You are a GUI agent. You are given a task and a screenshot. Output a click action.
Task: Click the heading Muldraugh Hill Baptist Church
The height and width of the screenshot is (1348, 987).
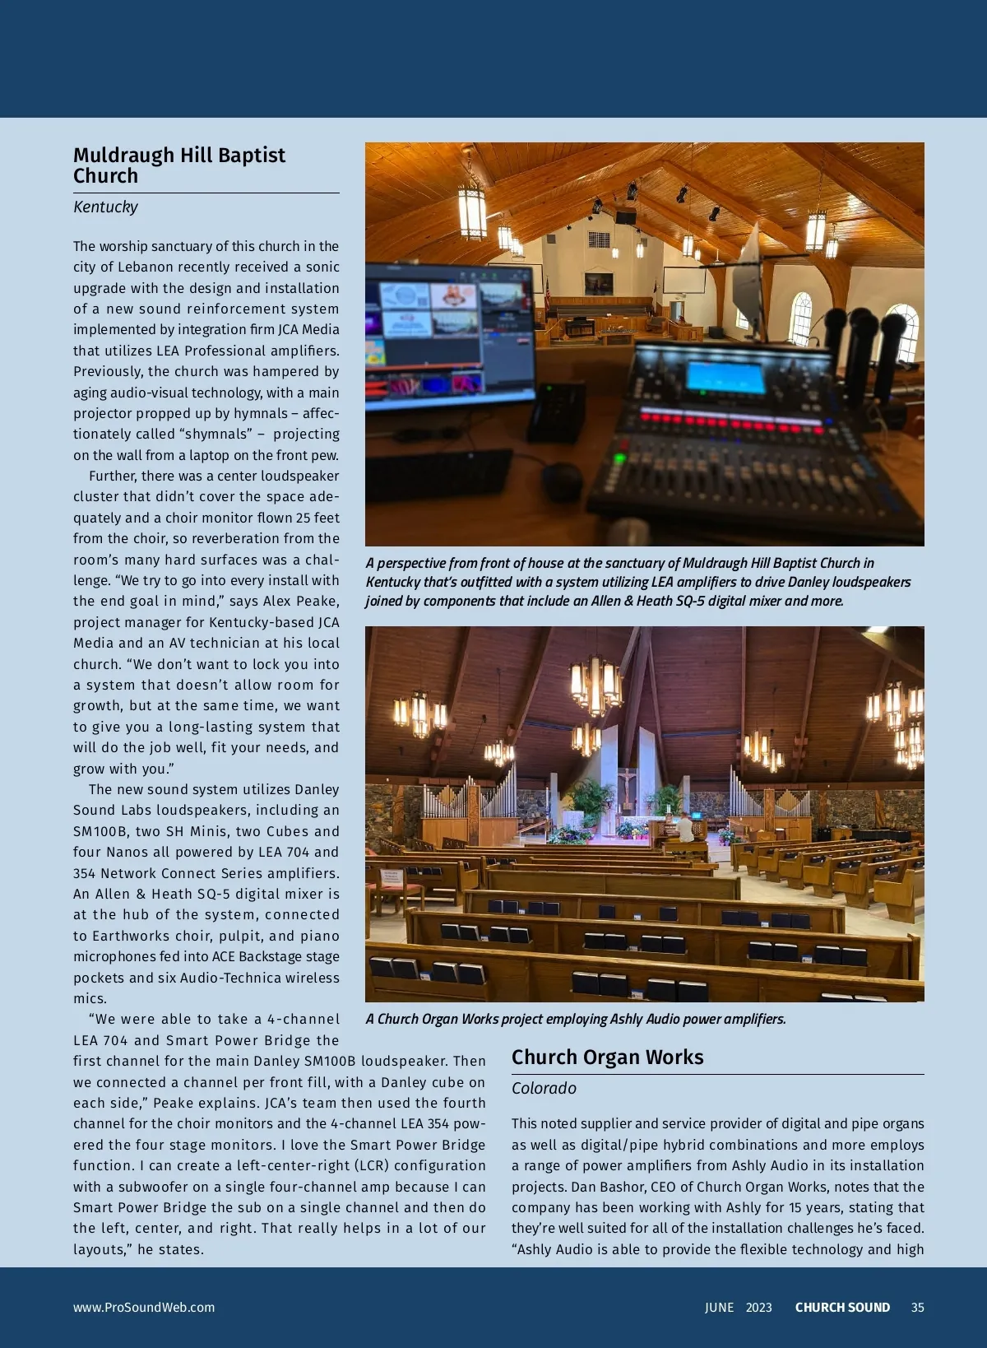pos(179,165)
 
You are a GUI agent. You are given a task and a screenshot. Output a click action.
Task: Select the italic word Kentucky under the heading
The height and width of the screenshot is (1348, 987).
pos(105,207)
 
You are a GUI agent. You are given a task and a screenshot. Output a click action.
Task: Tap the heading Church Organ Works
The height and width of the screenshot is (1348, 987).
pos(607,1057)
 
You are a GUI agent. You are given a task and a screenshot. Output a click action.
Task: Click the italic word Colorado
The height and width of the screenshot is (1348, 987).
pos(544,1088)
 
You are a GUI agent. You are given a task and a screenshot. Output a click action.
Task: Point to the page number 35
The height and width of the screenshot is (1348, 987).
pos(917,1308)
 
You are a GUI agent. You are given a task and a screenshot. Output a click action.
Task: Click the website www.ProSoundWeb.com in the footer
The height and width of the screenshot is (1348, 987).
pos(144,1308)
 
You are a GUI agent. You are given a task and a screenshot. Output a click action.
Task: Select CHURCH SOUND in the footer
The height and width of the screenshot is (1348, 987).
pos(842,1308)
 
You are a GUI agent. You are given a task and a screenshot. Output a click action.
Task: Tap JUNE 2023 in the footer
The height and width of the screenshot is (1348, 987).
pos(738,1308)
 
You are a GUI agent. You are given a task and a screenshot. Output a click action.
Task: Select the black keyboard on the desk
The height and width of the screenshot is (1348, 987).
pos(438,475)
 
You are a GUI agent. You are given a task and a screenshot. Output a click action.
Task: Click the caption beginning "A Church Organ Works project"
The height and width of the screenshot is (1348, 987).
pos(576,1019)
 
